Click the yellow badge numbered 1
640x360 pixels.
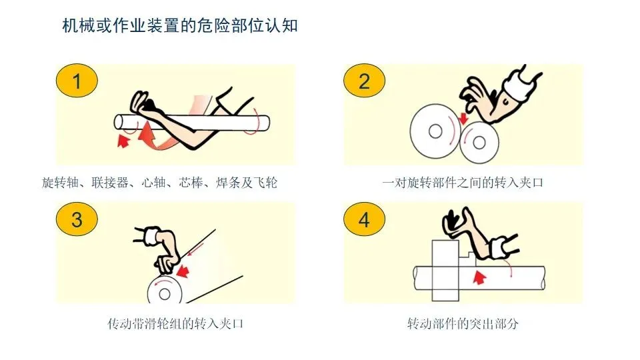[x=77, y=81]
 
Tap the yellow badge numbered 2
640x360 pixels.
[x=364, y=81]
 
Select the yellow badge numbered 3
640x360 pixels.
[x=77, y=219]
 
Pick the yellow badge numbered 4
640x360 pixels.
[x=364, y=219]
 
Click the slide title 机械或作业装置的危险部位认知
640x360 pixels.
[x=180, y=26]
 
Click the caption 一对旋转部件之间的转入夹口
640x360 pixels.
[x=463, y=183]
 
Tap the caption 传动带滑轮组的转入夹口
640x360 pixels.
[x=175, y=324]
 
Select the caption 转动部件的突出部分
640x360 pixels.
[x=463, y=324]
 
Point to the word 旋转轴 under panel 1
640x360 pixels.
[x=60, y=183]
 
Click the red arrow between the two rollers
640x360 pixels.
[x=463, y=119]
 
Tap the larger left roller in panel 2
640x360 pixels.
[x=435, y=131]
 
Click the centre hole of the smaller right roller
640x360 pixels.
[x=479, y=143]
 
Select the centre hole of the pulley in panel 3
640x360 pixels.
[x=165, y=294]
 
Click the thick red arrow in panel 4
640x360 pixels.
[x=479, y=277]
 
